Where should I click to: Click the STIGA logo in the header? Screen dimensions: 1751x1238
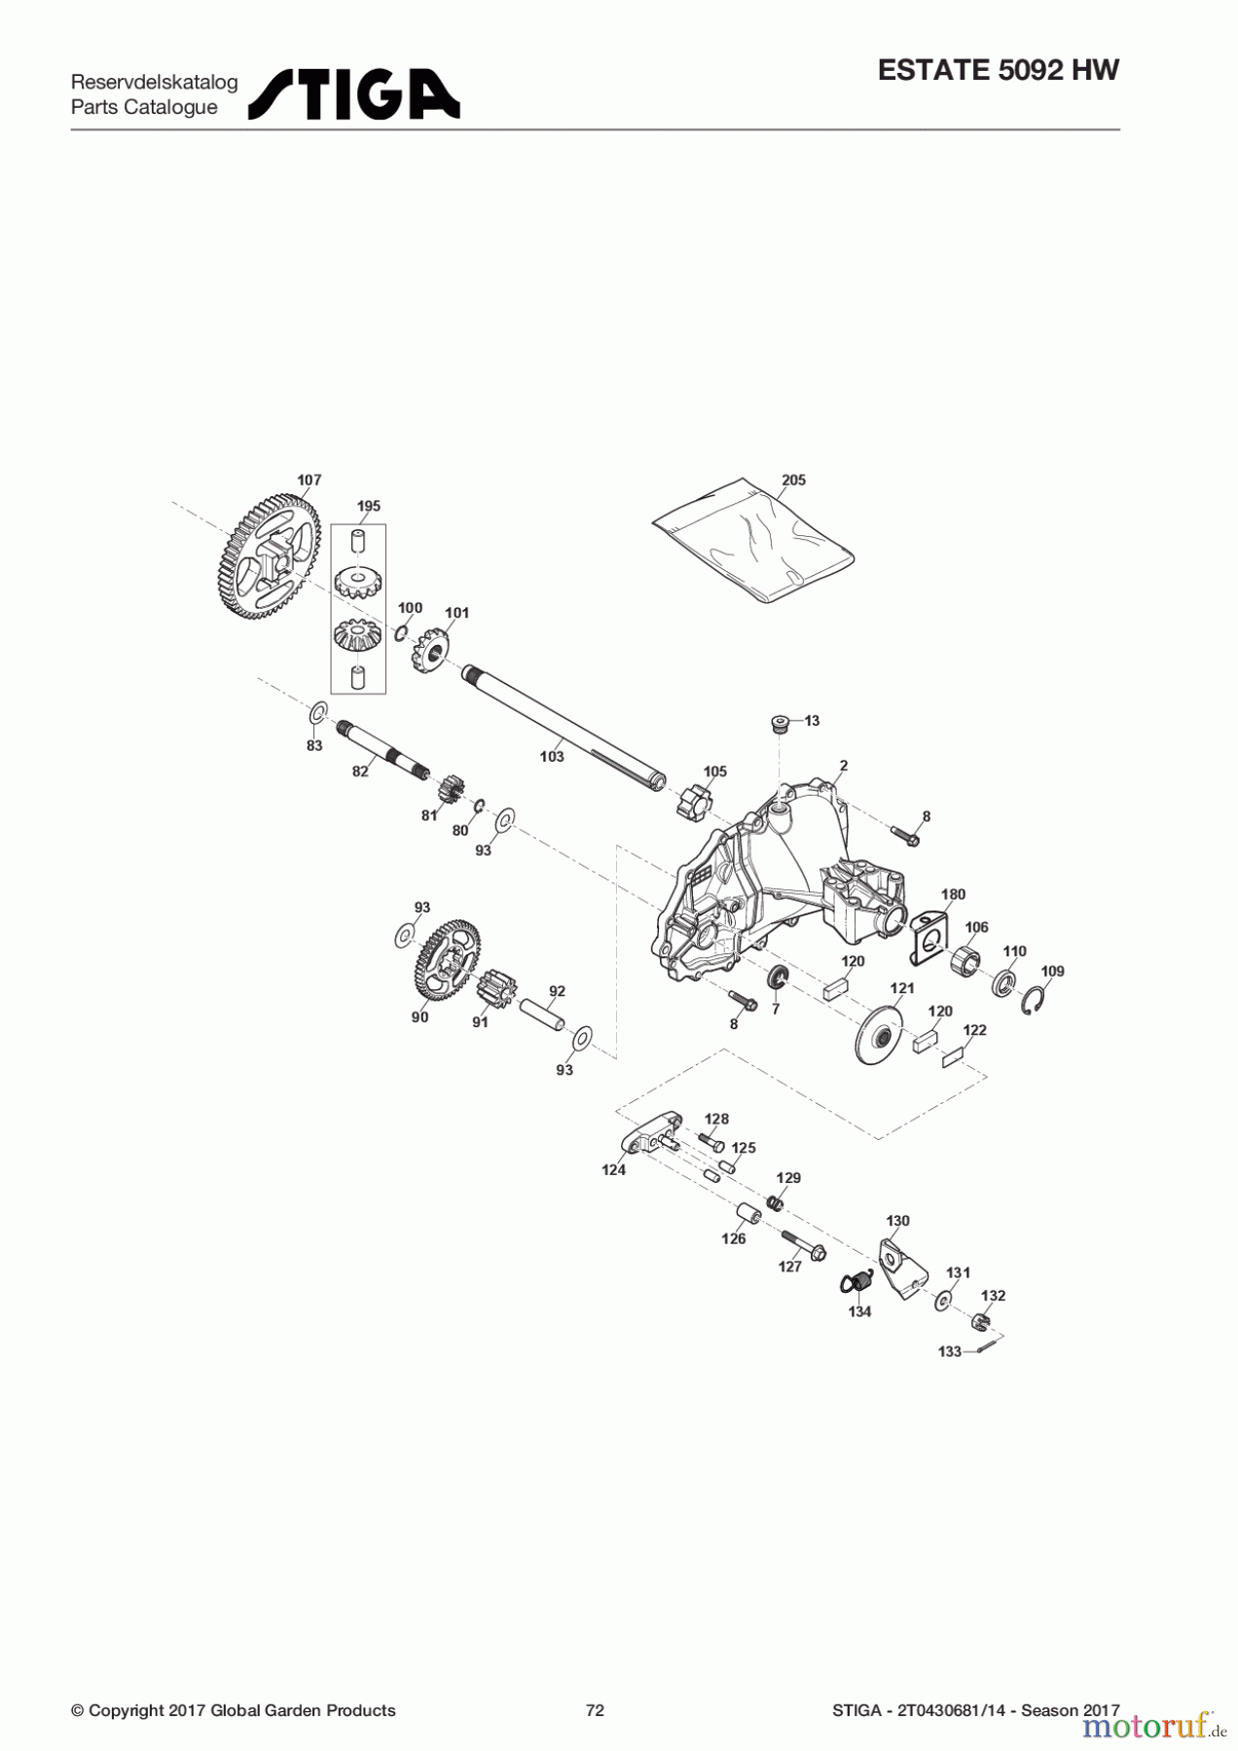(x=354, y=94)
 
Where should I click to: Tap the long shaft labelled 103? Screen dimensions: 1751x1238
(x=564, y=724)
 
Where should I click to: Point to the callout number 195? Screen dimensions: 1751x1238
(x=369, y=506)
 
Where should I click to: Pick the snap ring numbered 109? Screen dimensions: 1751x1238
(x=1037, y=1000)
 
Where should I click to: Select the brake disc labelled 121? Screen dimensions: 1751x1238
(x=879, y=1039)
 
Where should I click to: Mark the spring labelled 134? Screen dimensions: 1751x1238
(x=856, y=1285)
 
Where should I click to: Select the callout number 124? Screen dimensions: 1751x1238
(x=613, y=1170)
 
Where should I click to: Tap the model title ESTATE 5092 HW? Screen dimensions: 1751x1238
(x=999, y=70)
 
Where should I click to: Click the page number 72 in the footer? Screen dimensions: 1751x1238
(x=595, y=1710)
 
